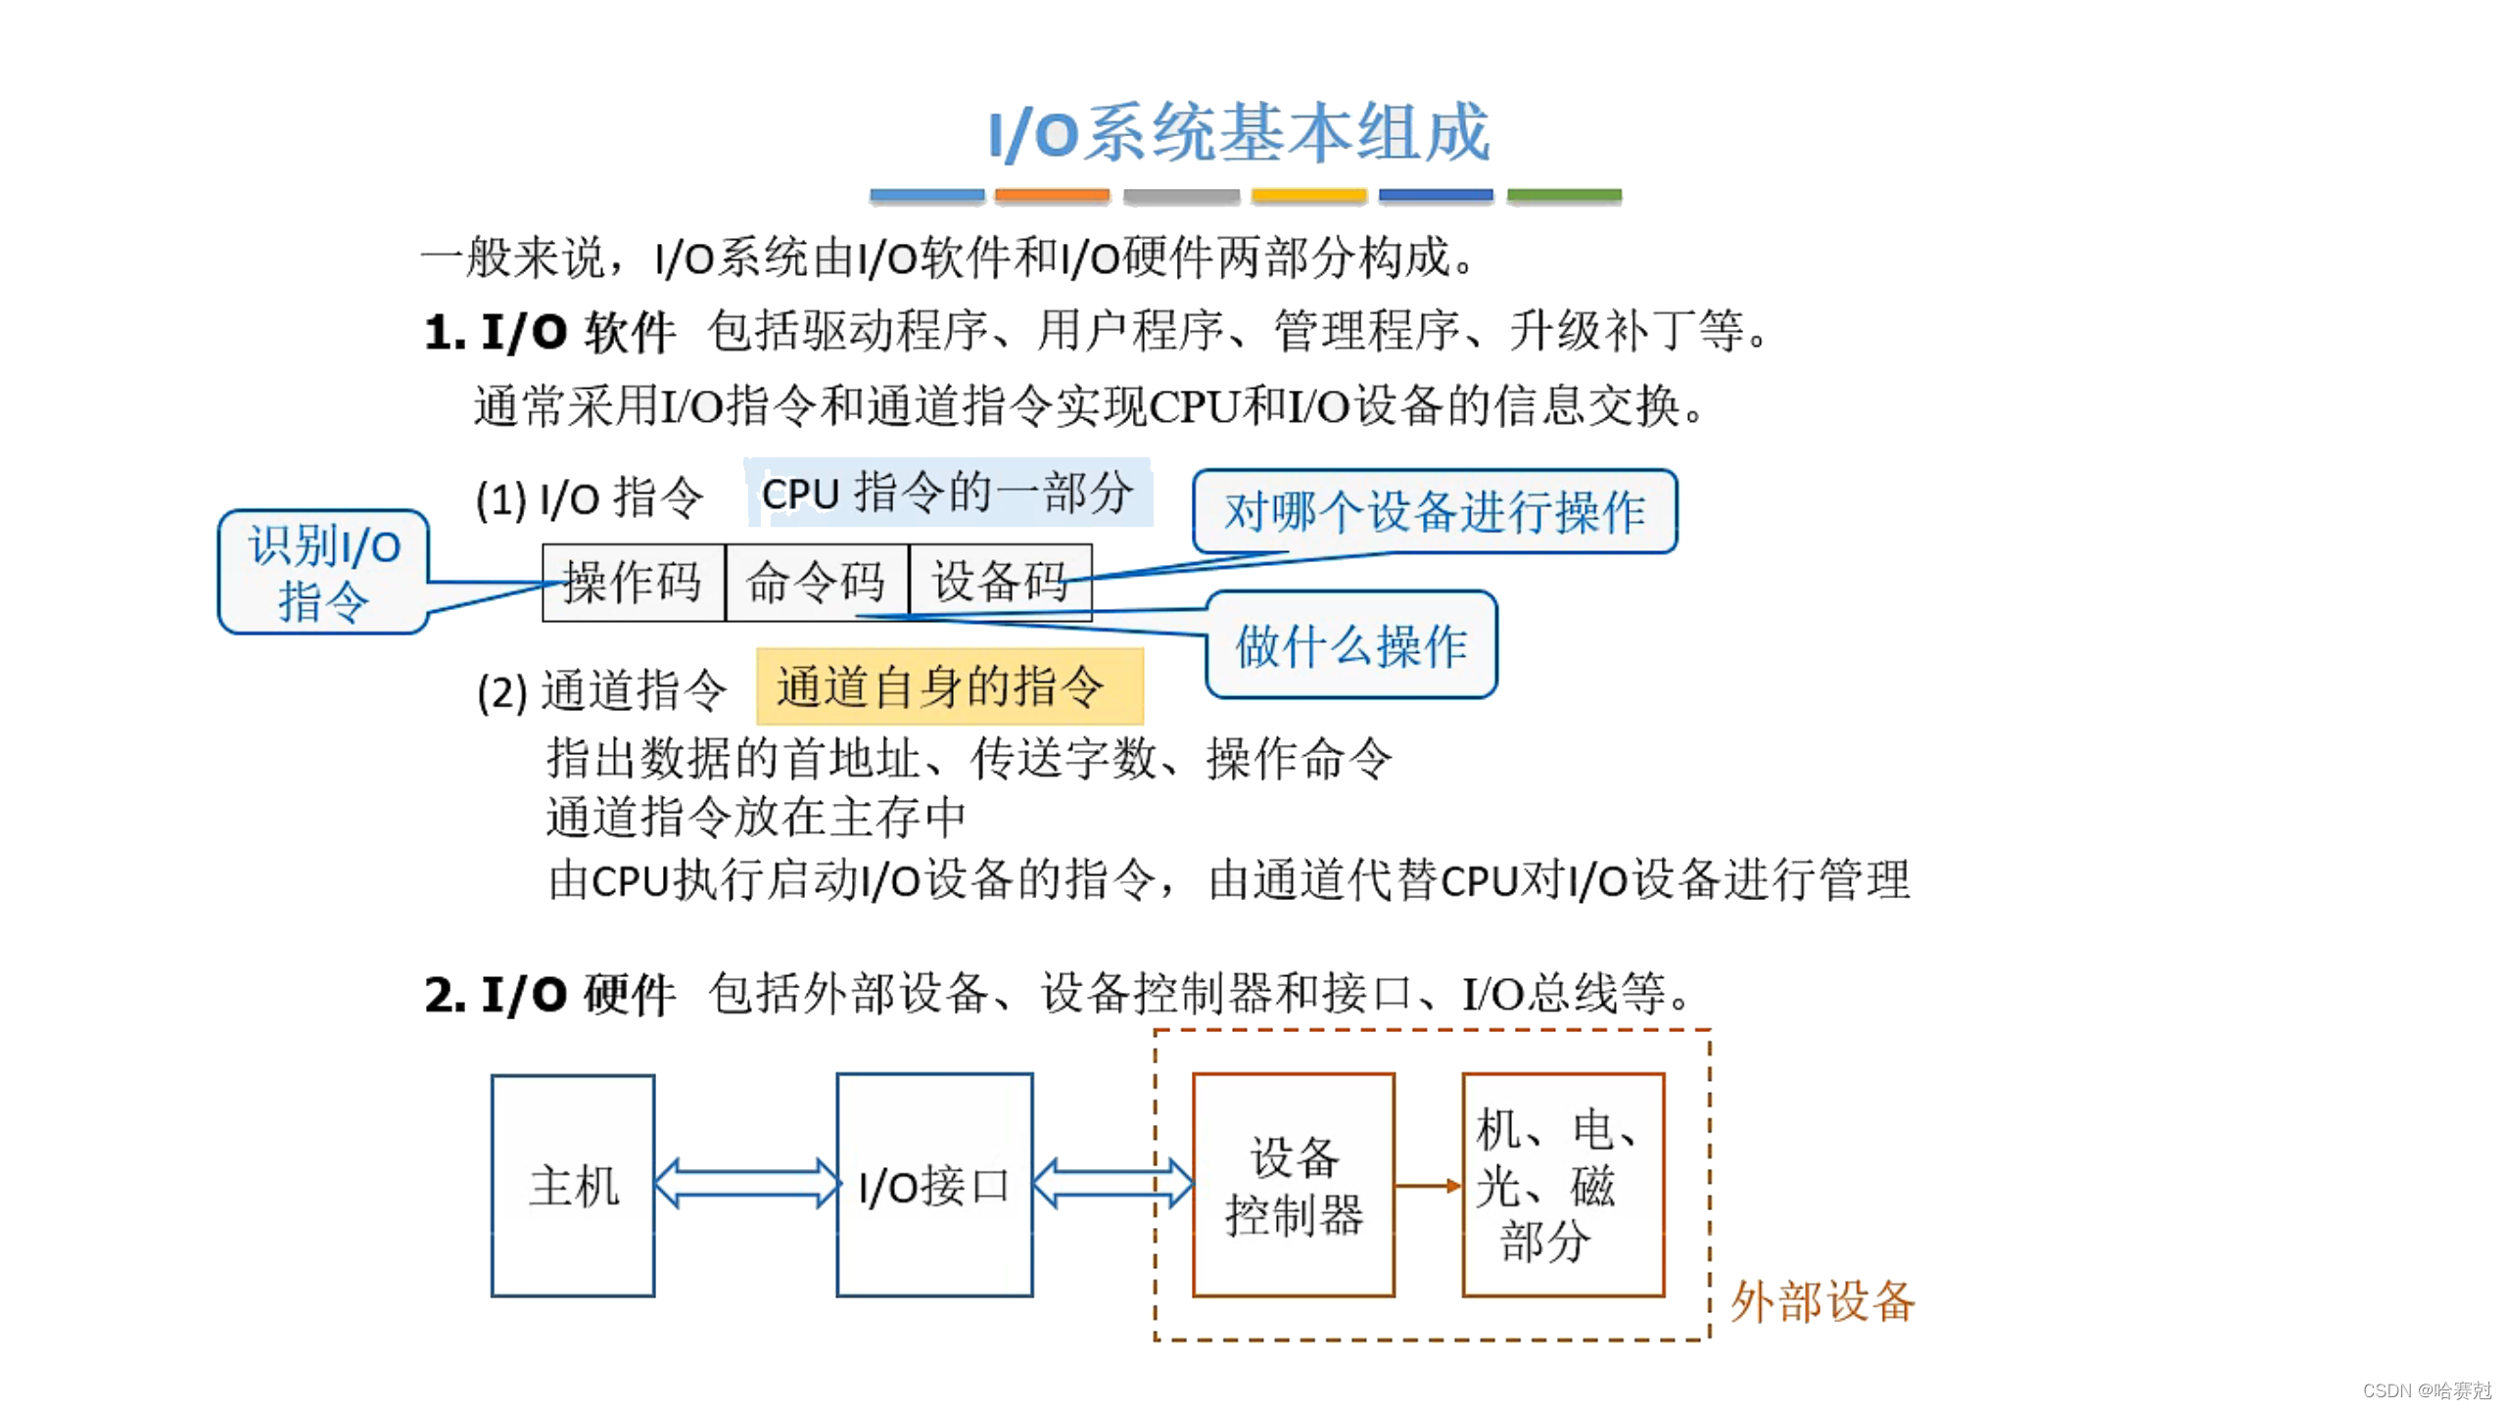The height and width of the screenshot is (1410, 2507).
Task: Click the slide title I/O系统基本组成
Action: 1238,133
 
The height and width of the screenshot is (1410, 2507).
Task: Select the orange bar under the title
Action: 1052,196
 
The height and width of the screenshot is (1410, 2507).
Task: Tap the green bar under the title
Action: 1563,196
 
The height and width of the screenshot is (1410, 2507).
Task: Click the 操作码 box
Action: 633,583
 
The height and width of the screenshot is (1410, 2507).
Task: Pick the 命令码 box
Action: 816,583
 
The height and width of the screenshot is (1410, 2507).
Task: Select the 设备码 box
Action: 999,583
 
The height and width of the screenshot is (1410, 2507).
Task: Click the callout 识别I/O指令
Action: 323,573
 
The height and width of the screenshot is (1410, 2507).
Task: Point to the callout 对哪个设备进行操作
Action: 1434,511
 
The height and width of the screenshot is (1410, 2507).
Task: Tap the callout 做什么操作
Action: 1350,645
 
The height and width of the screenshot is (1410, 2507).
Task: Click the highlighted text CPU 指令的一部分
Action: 947,493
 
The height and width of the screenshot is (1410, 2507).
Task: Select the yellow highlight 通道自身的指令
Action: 948,686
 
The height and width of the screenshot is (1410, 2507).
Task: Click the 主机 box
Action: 573,1186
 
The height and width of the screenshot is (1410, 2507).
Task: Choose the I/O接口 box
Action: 933,1186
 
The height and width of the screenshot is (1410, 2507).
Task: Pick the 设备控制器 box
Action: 1293,1186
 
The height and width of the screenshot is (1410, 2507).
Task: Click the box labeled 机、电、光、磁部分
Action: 1562,1186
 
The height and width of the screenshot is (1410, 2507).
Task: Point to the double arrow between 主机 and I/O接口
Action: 745,1184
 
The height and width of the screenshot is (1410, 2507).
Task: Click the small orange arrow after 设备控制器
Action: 1427,1186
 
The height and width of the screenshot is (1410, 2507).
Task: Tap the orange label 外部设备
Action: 1821,1302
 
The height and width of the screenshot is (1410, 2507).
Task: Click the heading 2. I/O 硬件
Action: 549,995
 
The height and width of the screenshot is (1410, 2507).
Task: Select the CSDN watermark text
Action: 2426,1390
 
